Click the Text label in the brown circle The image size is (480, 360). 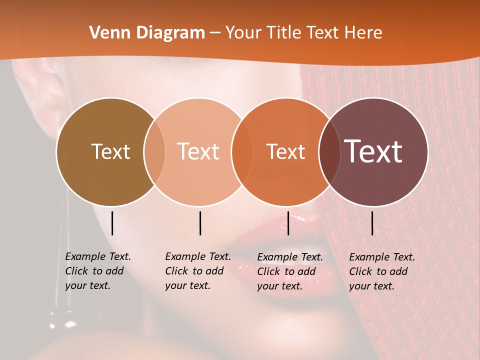click(110, 151)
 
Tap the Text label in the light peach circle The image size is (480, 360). click(198, 151)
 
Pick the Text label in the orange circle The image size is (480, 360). click(286, 151)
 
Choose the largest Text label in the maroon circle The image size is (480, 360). click(373, 151)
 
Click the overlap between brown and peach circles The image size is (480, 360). click(154, 151)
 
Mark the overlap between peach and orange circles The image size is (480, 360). click(241, 151)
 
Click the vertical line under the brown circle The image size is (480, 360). click(112, 223)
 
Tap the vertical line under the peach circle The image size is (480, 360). click(200, 223)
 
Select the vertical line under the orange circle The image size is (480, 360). click(288, 223)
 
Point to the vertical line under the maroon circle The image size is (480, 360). click(372, 223)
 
